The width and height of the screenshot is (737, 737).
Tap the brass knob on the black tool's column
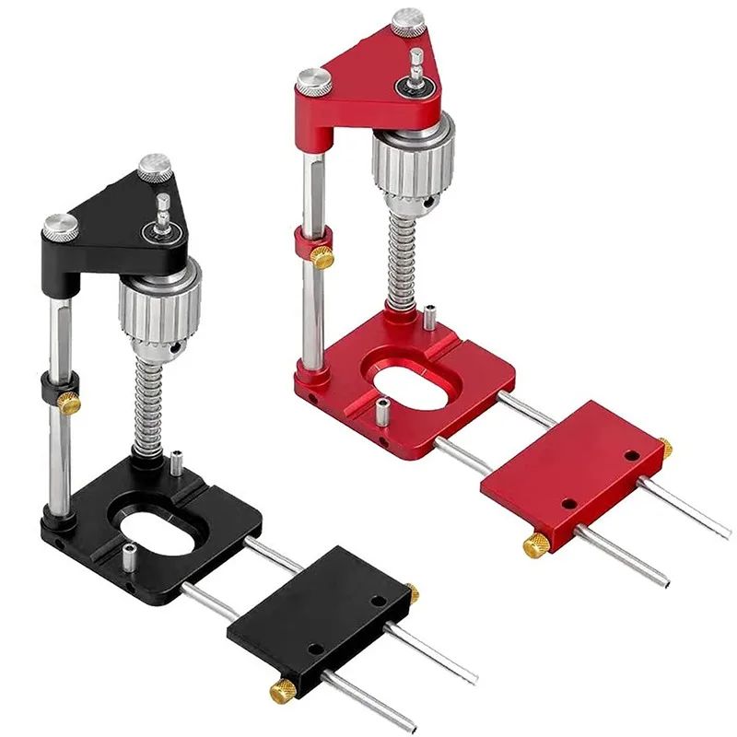(69, 402)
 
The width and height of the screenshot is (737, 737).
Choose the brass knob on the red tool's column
(322, 259)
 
